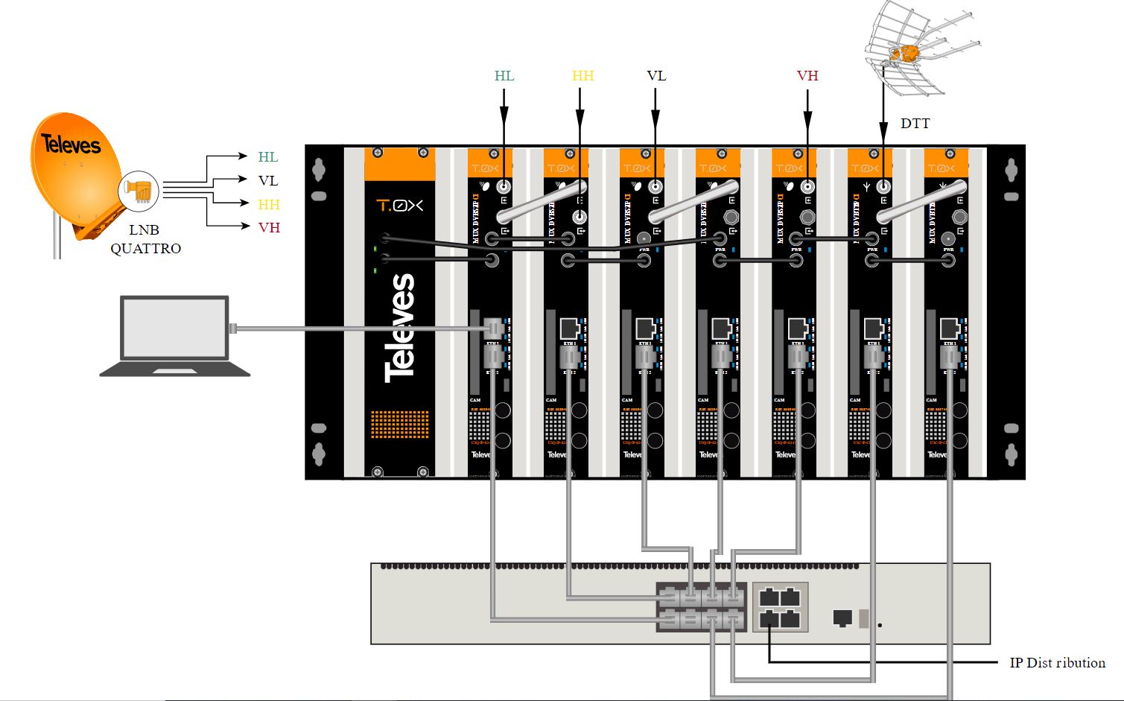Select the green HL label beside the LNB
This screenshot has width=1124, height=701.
(x=268, y=157)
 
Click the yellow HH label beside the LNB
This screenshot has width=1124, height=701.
(x=269, y=204)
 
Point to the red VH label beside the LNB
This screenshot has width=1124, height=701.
(x=269, y=227)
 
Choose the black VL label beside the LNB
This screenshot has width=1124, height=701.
(x=268, y=180)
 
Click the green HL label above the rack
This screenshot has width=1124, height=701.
(x=504, y=76)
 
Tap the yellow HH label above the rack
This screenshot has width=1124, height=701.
(x=582, y=76)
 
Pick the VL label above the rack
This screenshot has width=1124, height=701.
(x=656, y=76)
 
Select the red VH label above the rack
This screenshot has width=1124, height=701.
(x=807, y=76)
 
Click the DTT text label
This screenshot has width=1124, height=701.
(x=915, y=124)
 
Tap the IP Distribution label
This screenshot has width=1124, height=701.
(x=1057, y=662)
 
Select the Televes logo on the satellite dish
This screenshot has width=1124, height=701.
(x=71, y=144)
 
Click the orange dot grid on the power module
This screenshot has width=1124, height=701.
(x=399, y=425)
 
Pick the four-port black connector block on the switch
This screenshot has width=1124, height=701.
(x=780, y=607)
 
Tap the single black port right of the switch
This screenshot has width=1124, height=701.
(x=842, y=618)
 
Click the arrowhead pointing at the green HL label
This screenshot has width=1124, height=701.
(x=242, y=156)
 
